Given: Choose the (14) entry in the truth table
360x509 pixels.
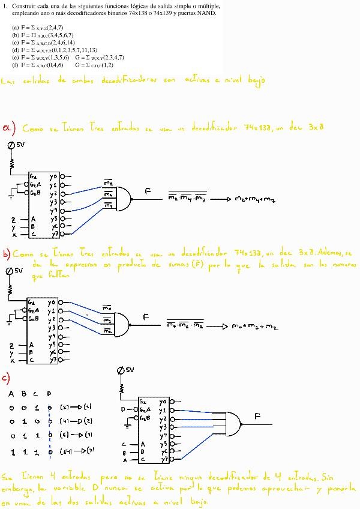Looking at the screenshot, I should coord(65,450).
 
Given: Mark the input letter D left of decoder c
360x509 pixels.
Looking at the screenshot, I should coord(124,409).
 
